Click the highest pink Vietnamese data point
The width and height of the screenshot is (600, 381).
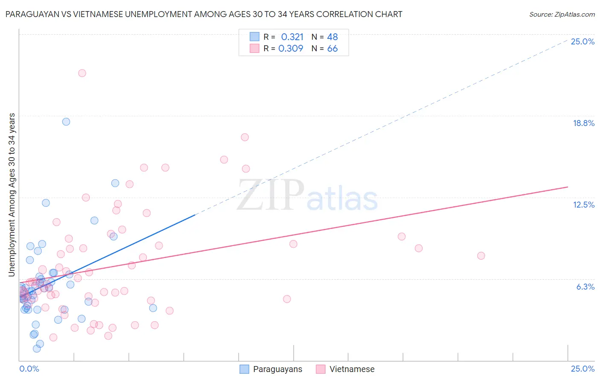pos(82,73)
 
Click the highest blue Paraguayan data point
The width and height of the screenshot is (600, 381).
pos(66,122)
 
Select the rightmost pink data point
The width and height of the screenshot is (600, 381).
pos(481,256)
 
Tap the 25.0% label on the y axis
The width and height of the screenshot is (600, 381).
pos(583,41)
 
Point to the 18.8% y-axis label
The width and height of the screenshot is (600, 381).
pos(583,123)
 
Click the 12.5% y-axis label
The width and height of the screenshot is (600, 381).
pos(583,205)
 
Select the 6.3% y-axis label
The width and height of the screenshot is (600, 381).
pos(585,287)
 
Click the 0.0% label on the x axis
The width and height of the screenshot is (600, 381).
pos(29,369)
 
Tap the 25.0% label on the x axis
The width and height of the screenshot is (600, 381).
pos(583,369)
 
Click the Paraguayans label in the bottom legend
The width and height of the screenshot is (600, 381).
pos(277,369)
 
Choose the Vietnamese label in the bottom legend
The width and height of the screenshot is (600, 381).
pos(352,369)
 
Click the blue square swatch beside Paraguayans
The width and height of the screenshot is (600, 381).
pos(245,369)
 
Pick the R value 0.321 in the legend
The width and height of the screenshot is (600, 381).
pos(292,37)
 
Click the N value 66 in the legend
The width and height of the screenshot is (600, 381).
pos(332,49)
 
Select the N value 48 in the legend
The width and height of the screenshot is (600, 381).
pos(332,37)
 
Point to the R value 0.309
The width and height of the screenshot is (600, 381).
pos(291,49)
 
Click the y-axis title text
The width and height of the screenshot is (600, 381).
pos(12,194)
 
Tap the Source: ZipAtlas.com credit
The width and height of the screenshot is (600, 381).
pos(562,15)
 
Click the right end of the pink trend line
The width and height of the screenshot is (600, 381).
pos(568,187)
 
